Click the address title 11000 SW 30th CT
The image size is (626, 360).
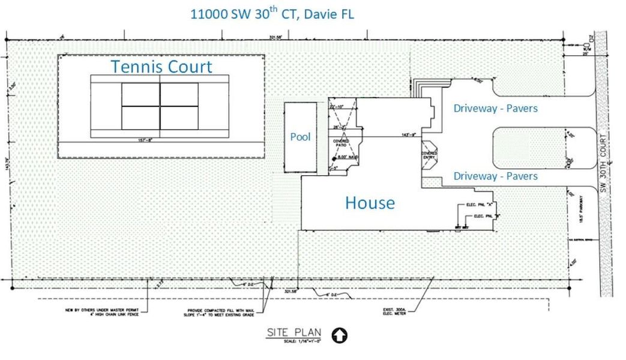point(272,14)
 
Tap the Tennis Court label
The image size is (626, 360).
point(161,67)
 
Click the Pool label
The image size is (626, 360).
point(300,137)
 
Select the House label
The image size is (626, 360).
point(370,203)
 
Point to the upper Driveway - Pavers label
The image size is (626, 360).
point(495,109)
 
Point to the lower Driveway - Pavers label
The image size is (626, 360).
point(495,176)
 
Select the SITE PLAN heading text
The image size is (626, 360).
point(294,333)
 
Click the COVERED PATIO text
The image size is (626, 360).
point(342,143)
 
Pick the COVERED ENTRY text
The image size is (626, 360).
point(430,155)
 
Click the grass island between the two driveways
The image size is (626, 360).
point(528,147)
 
